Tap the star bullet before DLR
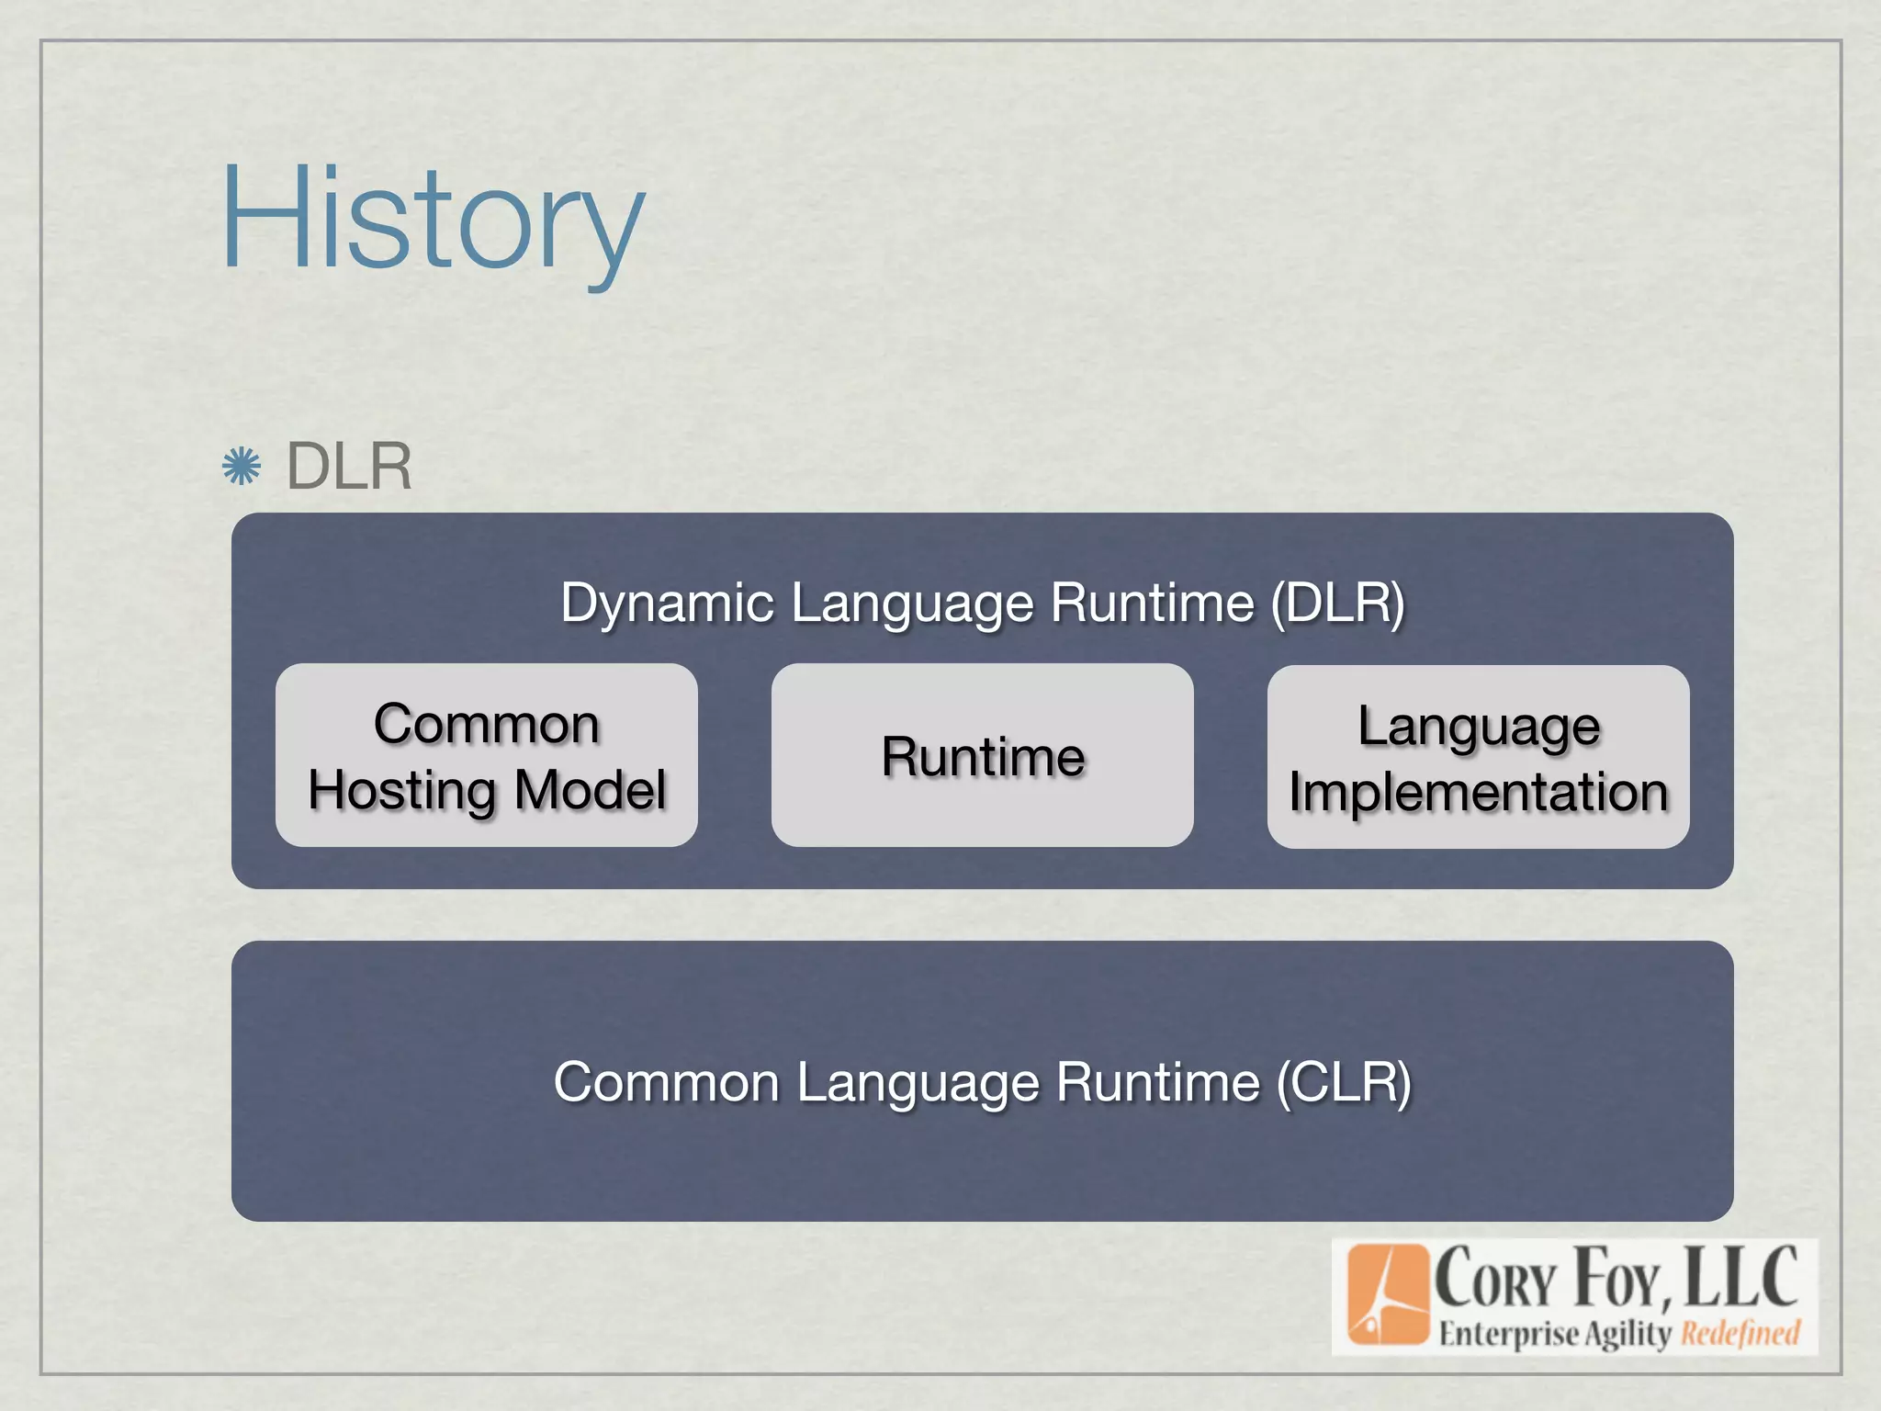(242, 467)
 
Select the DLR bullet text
(349, 467)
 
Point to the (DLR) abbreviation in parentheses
(1337, 604)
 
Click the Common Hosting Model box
(487, 755)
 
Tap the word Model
(590, 790)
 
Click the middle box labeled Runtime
(982, 756)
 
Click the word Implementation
(1478, 792)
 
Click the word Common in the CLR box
(666, 1082)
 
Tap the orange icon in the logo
(1388, 1295)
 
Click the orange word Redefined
(1740, 1333)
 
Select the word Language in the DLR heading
(911, 604)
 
